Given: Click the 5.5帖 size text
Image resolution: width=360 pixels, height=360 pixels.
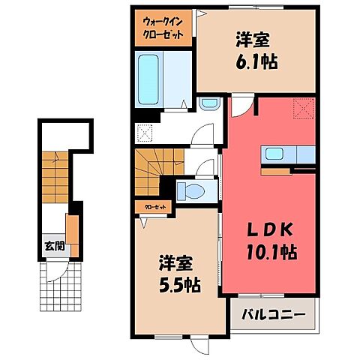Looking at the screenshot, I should [178, 284].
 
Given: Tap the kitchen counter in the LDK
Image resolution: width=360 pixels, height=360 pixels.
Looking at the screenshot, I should [289, 154].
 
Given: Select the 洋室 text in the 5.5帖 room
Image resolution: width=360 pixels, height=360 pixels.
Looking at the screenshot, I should [178, 263].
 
